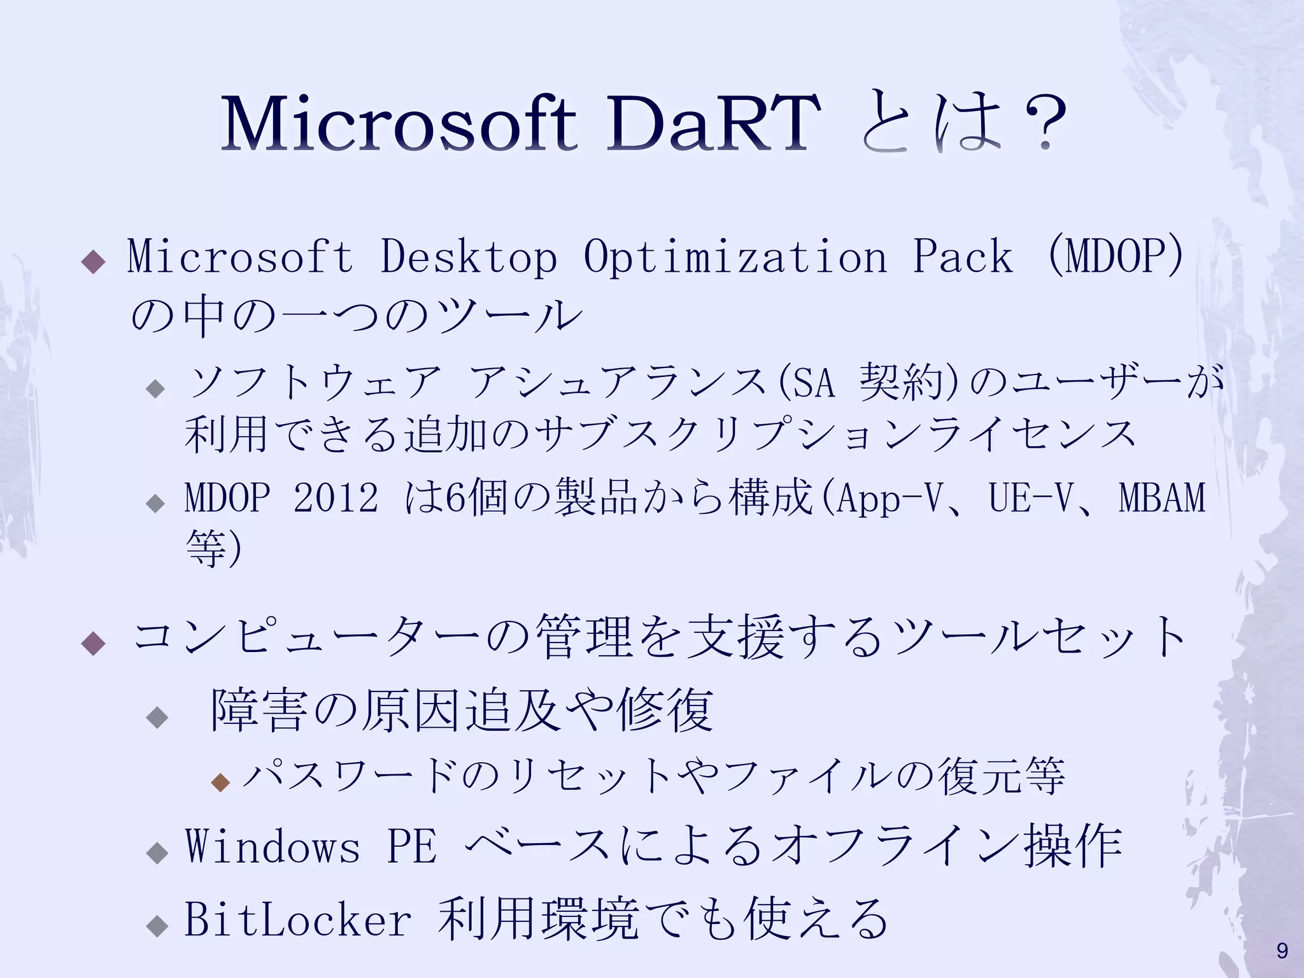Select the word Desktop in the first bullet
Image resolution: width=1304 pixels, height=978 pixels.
[x=468, y=257]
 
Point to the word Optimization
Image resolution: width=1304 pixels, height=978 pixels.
[x=735, y=257]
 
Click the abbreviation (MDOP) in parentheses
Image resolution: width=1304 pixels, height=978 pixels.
[x=1115, y=257]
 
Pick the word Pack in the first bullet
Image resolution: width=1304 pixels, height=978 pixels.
[x=962, y=257]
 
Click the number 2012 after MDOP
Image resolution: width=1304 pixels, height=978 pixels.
[x=336, y=497]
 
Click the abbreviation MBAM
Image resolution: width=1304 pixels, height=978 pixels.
[x=1162, y=497]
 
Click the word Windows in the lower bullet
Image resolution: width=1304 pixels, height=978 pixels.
[x=273, y=846]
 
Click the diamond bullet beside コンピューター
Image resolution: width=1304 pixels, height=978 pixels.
[x=94, y=643]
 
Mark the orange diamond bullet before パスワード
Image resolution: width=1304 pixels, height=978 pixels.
[x=220, y=782]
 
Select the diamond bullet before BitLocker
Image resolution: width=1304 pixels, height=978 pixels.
[x=157, y=925]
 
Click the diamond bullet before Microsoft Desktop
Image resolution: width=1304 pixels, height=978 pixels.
[x=94, y=262]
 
